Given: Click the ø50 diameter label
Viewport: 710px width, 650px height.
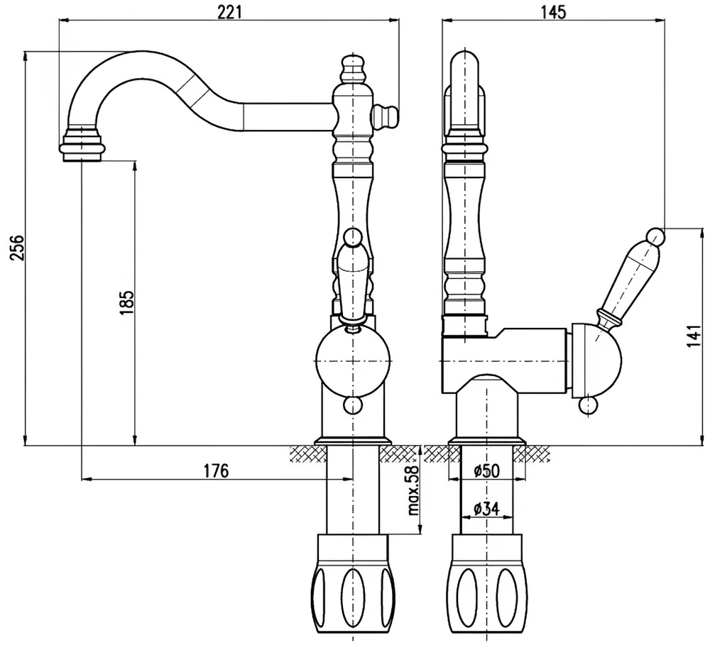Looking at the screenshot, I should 486,470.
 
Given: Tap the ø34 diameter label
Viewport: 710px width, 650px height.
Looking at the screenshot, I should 486,508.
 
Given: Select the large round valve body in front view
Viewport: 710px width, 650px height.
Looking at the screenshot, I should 353,360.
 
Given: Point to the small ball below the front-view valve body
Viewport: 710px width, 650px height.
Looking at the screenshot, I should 353,405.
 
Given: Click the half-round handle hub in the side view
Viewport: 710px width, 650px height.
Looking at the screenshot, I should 596,359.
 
